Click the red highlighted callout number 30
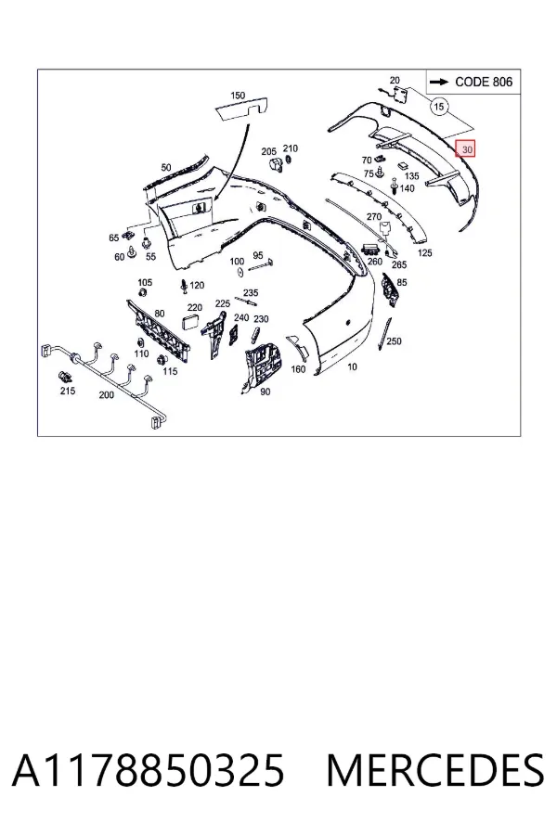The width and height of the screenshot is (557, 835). (x=465, y=148)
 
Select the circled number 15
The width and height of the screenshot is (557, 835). (x=439, y=107)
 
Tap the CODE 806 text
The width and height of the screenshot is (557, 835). (x=484, y=82)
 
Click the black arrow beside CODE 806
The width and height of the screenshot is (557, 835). (x=439, y=82)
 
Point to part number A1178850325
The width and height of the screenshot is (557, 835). (x=149, y=770)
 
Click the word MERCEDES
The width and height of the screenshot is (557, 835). (x=435, y=770)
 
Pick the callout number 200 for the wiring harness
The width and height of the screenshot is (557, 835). (x=106, y=395)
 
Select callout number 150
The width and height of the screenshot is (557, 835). (x=238, y=96)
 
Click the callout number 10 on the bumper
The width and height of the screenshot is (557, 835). (x=353, y=366)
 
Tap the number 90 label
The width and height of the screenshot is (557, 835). (x=265, y=392)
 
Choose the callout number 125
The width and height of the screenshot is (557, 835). (x=425, y=253)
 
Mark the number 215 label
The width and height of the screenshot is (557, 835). (x=68, y=391)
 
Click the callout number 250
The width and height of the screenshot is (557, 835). (x=394, y=340)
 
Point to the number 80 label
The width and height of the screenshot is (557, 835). (x=160, y=314)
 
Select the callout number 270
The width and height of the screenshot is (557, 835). (x=374, y=217)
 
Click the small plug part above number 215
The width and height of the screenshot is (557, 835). (x=65, y=377)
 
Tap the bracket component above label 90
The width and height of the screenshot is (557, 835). (x=264, y=365)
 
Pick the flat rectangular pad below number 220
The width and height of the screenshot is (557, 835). (x=191, y=322)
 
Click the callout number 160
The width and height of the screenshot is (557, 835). (x=298, y=368)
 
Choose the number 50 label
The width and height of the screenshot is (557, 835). (x=166, y=167)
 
